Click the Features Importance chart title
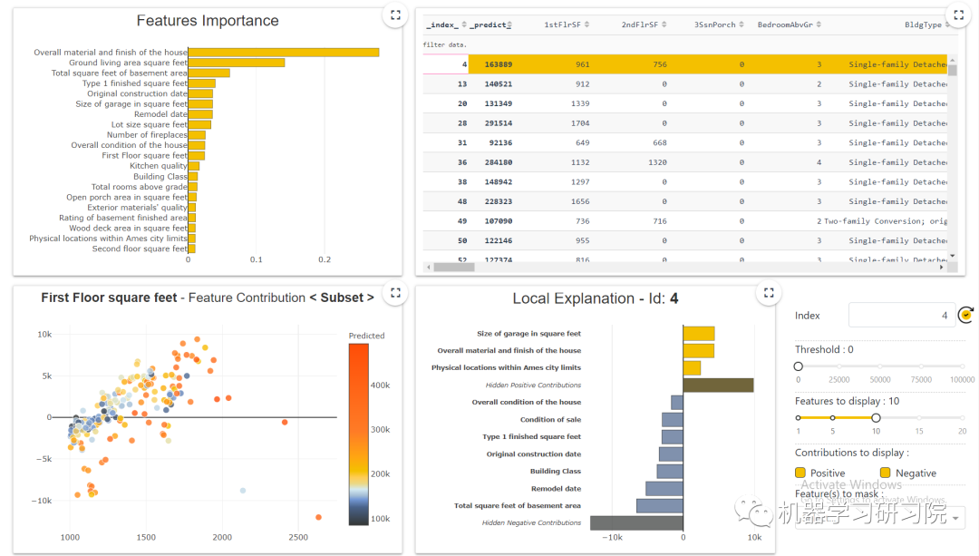(208, 21)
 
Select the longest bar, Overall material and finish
(283, 53)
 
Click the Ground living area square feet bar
(236, 63)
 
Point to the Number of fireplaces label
(147, 135)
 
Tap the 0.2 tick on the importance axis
(325, 259)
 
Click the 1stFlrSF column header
(565, 24)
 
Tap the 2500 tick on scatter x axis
(298, 538)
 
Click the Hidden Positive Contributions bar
(717, 385)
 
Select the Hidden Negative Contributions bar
(636, 523)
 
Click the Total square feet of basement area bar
(659, 506)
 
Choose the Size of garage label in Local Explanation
(528, 334)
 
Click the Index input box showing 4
(901, 316)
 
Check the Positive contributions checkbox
(800, 473)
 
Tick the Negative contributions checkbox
(885, 473)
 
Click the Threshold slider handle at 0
(799, 366)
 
